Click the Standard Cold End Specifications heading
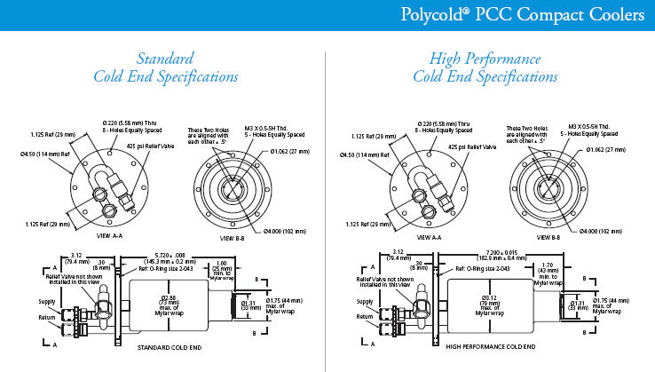(166, 67)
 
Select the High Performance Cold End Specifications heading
(485, 67)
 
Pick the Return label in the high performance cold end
(364, 316)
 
